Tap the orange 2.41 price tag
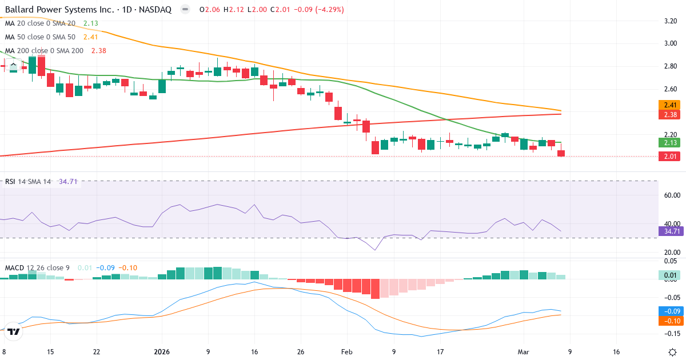(669, 105)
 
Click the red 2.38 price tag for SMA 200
(669, 115)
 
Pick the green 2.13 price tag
(669, 143)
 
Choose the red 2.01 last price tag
(669, 157)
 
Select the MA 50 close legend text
(40, 37)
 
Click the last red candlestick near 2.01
(561, 153)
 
